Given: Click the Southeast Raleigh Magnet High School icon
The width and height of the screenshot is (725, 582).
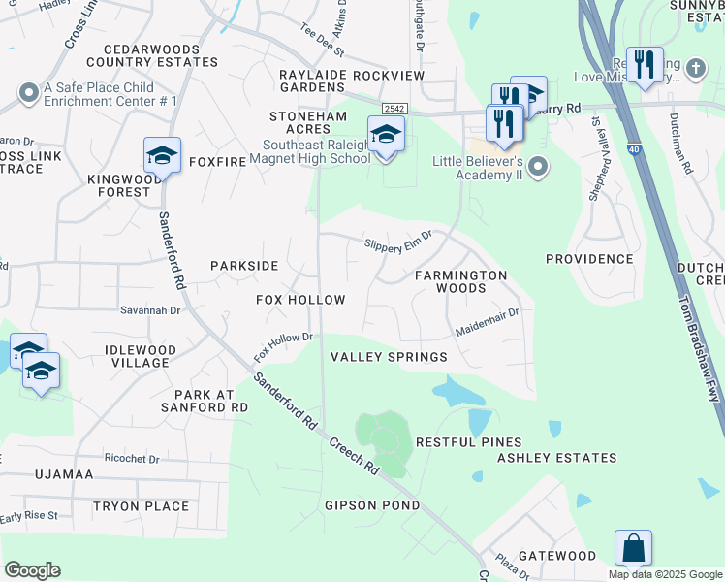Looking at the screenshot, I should point(386,135).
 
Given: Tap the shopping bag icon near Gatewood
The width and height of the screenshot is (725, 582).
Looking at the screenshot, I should point(633,549).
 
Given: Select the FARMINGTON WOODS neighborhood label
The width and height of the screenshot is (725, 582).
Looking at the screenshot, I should point(461,281).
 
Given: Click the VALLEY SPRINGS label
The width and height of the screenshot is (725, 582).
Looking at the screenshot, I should point(389,357).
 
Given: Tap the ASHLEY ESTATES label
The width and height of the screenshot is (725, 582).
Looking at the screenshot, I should point(556,458).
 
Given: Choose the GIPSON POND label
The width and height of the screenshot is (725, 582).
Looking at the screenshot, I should point(372,505).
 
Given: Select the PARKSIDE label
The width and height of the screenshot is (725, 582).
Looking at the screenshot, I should point(244,266).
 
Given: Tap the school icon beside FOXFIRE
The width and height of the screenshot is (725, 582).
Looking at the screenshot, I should point(162,155).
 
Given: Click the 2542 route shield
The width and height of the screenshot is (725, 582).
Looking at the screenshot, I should point(394,110).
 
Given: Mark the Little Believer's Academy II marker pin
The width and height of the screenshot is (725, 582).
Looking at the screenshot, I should point(539,168).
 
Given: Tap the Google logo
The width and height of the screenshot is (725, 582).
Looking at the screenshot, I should point(32,570).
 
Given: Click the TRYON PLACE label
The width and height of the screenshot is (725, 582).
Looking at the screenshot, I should point(141,506).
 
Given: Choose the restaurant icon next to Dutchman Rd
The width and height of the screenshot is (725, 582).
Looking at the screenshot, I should point(644,65).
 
